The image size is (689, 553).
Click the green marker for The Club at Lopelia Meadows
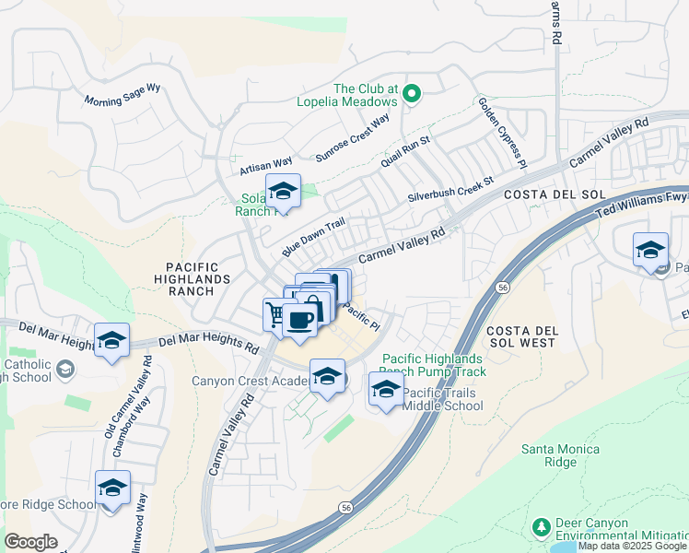[413, 92]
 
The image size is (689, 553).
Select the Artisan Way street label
[265, 164]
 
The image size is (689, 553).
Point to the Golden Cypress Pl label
[501, 134]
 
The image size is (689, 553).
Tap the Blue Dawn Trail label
[313, 237]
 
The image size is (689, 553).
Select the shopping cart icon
[275, 314]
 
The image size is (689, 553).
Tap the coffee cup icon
[300, 320]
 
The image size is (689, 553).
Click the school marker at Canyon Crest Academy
[327, 376]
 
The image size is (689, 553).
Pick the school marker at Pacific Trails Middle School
[387, 388]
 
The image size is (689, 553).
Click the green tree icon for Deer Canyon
[542, 526]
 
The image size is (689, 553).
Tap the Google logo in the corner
[30, 542]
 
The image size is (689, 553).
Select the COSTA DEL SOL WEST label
[520, 336]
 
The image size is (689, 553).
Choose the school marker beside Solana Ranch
[283, 192]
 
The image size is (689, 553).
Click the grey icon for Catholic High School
[64, 370]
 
